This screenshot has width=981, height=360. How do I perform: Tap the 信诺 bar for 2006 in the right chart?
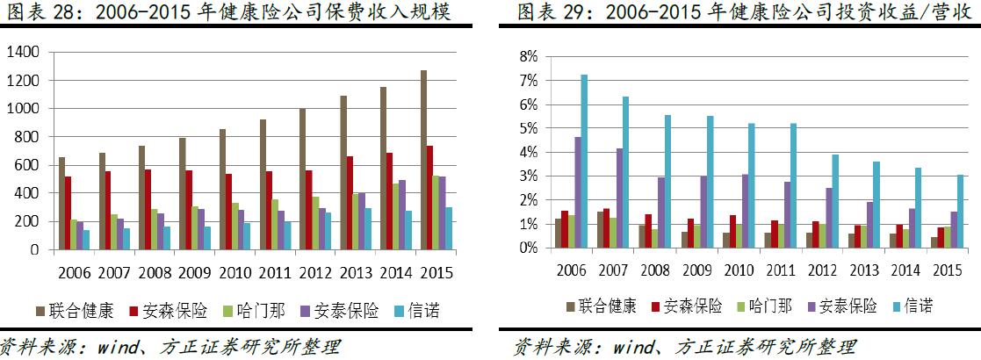click(x=584, y=162)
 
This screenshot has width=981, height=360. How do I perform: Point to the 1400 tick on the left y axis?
click(x=23, y=53)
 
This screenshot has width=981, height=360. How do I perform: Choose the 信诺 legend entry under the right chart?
click(x=909, y=306)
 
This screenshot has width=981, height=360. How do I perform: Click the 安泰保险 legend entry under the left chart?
click(x=343, y=310)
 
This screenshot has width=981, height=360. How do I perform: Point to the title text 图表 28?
click(x=28, y=13)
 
